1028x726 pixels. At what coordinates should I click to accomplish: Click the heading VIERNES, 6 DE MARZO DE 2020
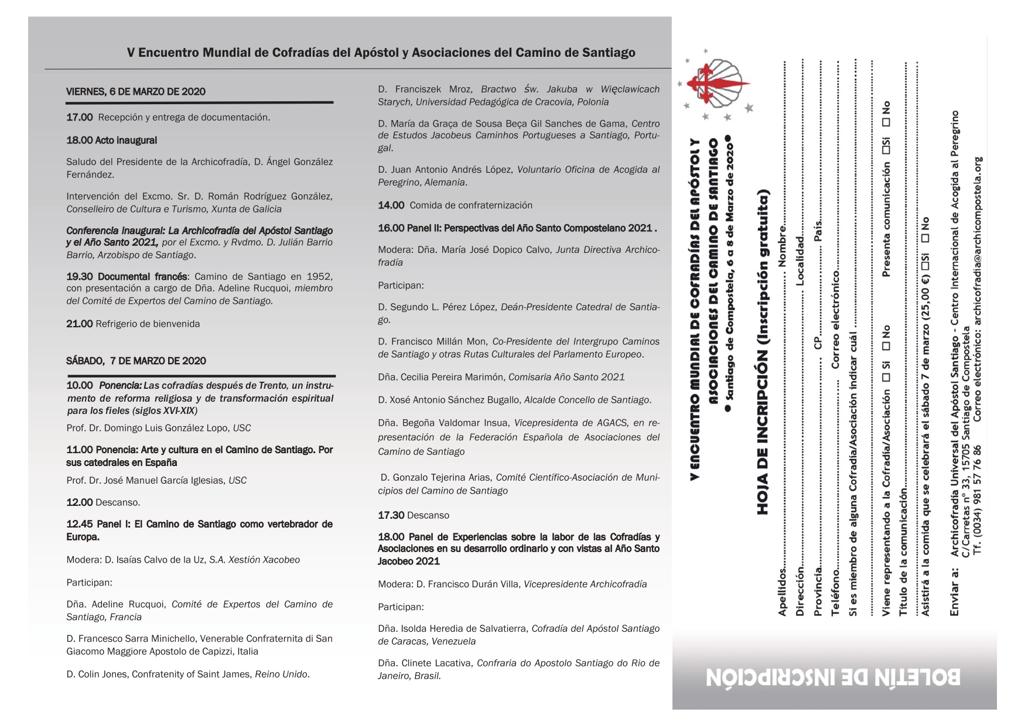[x=136, y=91]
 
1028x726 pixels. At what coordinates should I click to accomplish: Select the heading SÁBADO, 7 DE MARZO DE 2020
[x=136, y=361]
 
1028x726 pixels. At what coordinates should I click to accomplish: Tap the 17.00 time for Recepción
[x=79, y=117]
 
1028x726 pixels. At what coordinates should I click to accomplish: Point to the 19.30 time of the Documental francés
[x=79, y=276]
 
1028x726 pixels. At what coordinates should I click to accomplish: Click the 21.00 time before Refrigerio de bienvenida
[x=79, y=324]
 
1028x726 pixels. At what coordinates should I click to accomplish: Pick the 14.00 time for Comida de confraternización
[x=391, y=205]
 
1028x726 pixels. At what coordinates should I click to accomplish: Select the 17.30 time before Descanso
[x=391, y=515]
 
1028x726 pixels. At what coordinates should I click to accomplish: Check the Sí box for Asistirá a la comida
[x=925, y=261]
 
